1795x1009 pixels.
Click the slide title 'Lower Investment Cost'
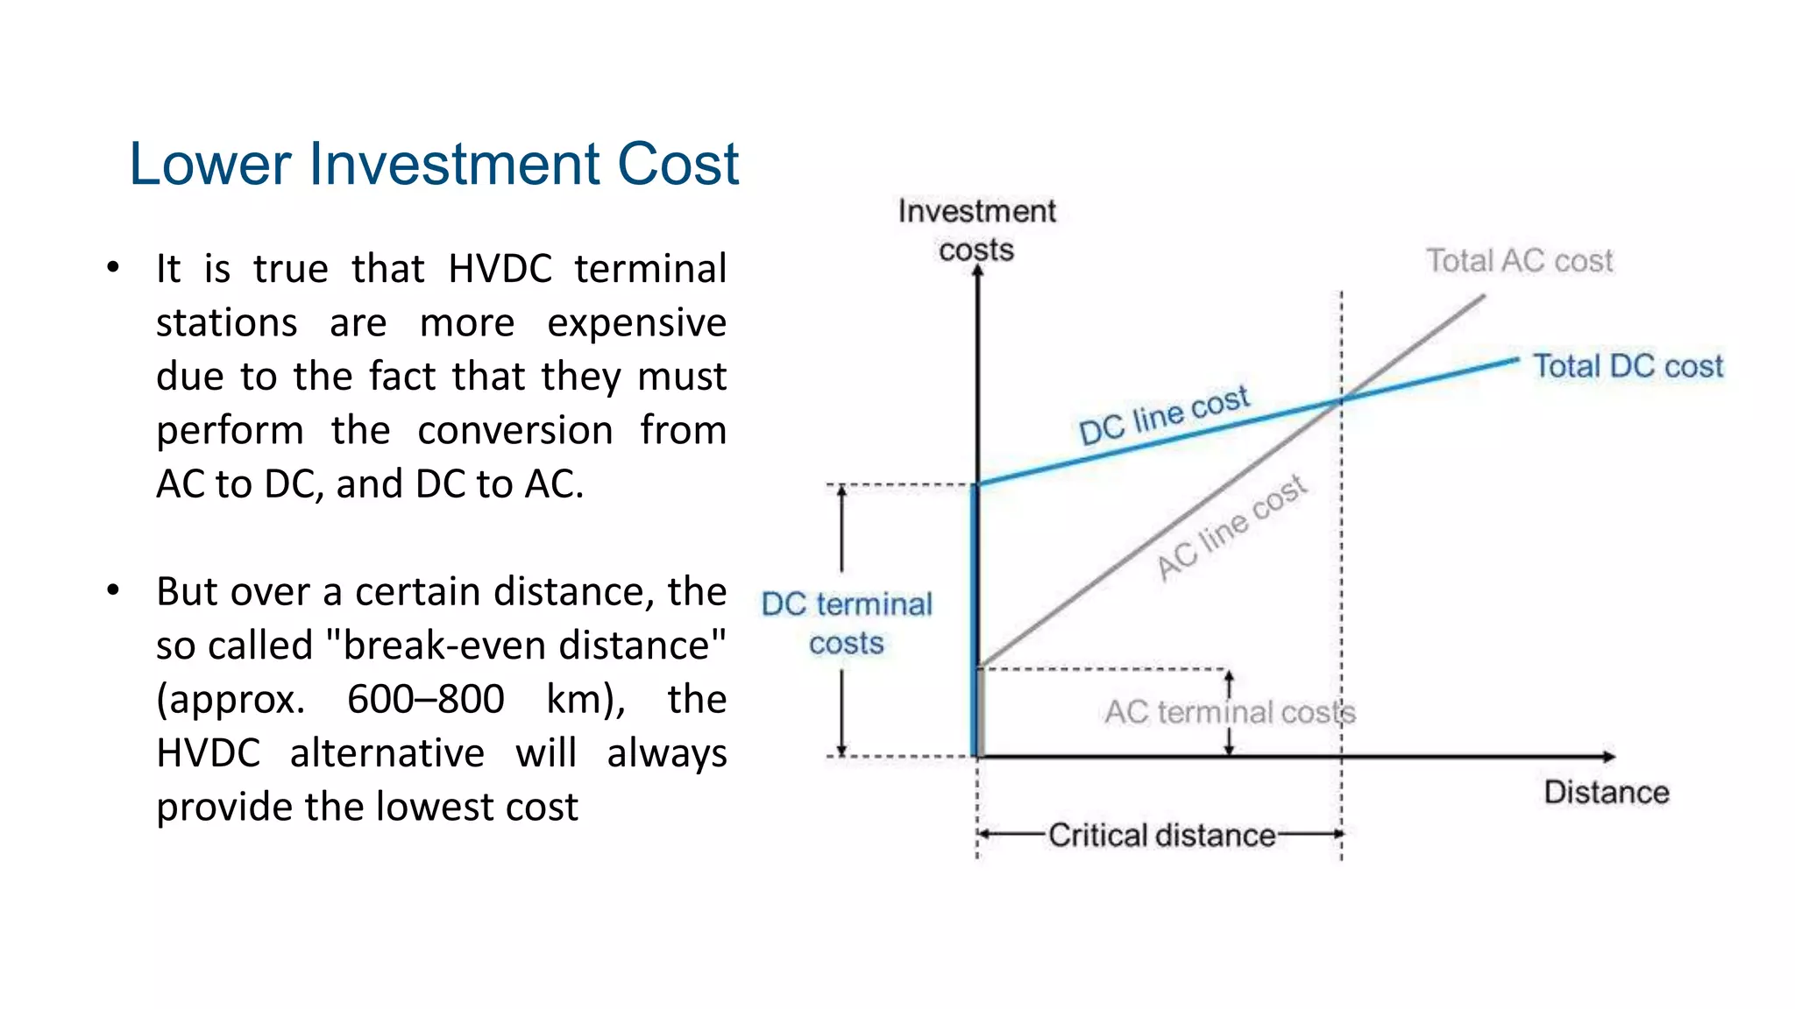(x=434, y=164)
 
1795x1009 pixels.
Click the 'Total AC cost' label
(x=1519, y=261)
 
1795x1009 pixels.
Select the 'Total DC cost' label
(x=1628, y=366)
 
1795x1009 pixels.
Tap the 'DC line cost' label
(x=1164, y=415)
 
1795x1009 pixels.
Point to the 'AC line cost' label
(x=1231, y=528)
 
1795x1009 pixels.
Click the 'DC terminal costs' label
(x=847, y=624)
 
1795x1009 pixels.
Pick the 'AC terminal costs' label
(x=1230, y=712)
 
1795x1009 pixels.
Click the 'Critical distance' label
(x=1161, y=835)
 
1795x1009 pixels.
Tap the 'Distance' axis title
(x=1606, y=793)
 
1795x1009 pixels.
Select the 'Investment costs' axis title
(x=976, y=229)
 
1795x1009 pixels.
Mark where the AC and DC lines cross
(x=1341, y=401)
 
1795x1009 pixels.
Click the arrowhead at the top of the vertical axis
(x=978, y=272)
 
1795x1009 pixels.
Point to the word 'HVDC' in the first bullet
(x=500, y=269)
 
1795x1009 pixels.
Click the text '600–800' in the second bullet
(x=425, y=700)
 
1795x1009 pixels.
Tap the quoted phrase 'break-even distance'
(x=526, y=646)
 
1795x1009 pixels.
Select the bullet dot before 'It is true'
(x=113, y=268)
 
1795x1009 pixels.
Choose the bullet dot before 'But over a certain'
(x=113, y=591)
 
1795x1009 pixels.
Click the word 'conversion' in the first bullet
(x=515, y=431)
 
